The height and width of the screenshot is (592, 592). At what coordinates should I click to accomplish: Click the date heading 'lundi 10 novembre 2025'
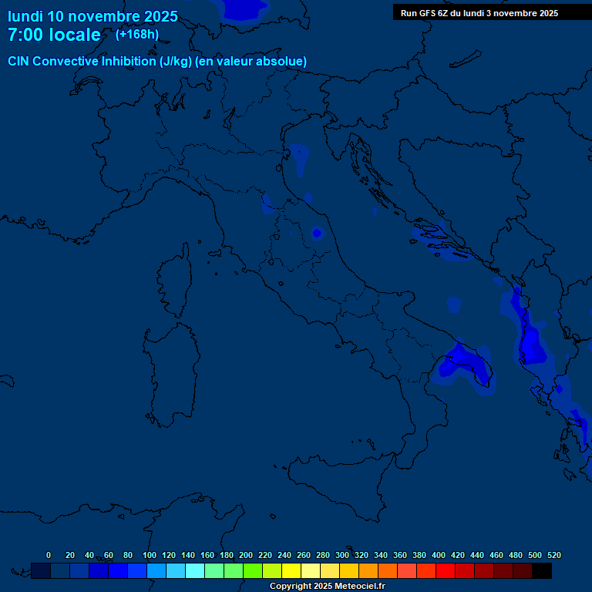tap(92, 16)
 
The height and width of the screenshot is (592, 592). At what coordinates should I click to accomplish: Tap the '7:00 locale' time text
tap(54, 35)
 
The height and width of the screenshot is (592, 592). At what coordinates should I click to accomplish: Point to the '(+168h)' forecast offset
tap(137, 34)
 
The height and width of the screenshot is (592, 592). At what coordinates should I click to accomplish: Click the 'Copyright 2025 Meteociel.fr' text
tap(327, 586)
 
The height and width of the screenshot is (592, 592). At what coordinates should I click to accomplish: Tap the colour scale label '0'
tap(49, 555)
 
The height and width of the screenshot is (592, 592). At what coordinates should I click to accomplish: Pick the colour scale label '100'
tap(150, 555)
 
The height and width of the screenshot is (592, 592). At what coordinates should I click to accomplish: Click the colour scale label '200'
tap(246, 555)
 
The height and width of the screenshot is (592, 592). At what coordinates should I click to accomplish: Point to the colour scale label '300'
tap(342, 555)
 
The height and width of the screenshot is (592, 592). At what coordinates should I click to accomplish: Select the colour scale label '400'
tap(439, 555)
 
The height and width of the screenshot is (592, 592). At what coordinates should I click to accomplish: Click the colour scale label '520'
tap(553, 555)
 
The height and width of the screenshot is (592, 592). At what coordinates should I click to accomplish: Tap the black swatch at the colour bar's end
tap(542, 570)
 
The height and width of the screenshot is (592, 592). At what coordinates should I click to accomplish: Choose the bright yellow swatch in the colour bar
tap(291, 570)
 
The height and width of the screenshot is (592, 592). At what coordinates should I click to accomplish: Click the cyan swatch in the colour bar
tap(195, 570)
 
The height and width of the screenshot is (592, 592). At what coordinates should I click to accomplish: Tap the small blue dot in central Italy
tap(316, 232)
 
